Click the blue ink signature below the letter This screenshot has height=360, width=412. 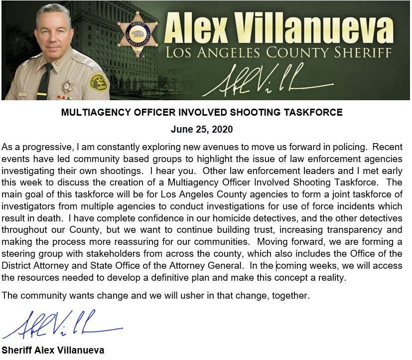pyautogui.click(x=62, y=325)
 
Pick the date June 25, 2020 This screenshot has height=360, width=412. pyautogui.click(x=202, y=130)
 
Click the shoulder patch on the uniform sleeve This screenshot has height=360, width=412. pyautogui.click(x=98, y=82)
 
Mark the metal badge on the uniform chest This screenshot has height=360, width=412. pyautogui.click(x=67, y=87)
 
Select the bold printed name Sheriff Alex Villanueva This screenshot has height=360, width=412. pyautogui.click(x=53, y=350)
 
